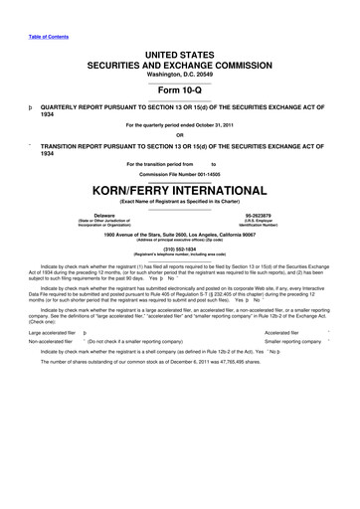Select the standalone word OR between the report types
tap(180, 135)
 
